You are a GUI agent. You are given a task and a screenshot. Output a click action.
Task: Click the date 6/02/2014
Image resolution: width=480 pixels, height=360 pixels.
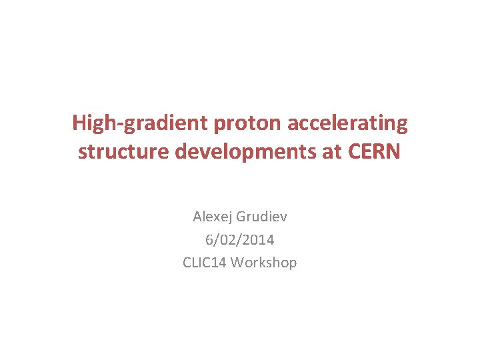click(x=240, y=239)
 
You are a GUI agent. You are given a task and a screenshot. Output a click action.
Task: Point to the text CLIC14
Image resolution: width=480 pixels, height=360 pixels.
click(x=205, y=262)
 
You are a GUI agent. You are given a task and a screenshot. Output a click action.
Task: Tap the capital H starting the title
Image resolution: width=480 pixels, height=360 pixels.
click(x=79, y=123)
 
